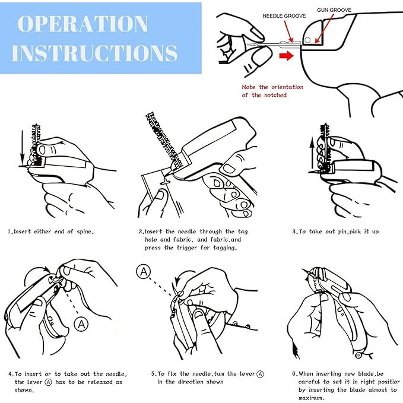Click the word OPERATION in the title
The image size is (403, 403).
[x=82, y=24]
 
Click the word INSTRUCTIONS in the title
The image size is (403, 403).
[x=94, y=53]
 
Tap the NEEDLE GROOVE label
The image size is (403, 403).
[x=284, y=16]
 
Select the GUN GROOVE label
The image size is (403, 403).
[x=334, y=10]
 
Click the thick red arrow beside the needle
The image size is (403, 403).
[x=286, y=56]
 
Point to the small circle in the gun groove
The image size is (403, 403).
[x=307, y=40]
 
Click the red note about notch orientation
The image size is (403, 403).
[x=272, y=91]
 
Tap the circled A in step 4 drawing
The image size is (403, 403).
[x=81, y=324]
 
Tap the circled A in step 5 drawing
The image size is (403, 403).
[x=144, y=271]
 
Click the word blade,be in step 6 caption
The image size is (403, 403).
[x=371, y=374]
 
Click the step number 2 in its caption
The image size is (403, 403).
[x=140, y=231]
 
